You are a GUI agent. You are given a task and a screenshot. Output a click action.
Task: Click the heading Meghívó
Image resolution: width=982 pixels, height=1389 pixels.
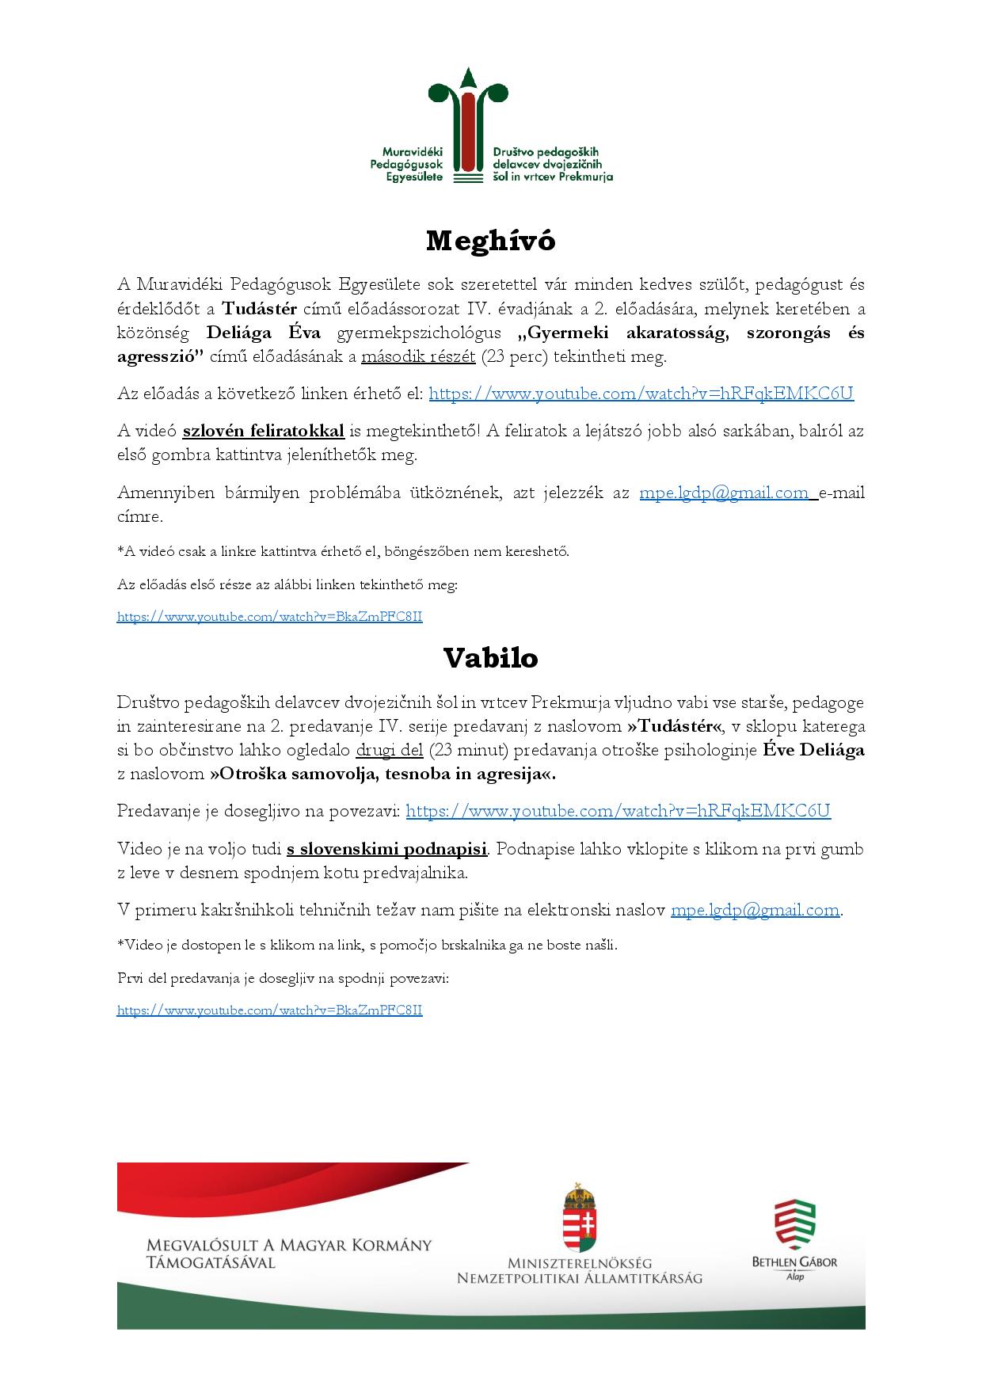(490, 241)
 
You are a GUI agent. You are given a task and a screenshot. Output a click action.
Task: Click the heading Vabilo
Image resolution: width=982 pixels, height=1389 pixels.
(490, 658)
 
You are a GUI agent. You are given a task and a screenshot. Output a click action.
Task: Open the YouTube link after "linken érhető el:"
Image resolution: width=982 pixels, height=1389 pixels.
(641, 394)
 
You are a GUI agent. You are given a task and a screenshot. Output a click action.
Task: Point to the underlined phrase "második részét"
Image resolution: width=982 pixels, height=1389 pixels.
(418, 356)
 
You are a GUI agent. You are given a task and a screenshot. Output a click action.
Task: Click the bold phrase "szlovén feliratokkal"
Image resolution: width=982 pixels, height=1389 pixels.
(263, 431)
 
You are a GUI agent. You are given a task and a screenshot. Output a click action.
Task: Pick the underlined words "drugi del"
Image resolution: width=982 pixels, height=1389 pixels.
(390, 750)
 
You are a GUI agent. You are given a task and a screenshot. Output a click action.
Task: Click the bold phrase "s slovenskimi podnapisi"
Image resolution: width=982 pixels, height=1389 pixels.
(386, 849)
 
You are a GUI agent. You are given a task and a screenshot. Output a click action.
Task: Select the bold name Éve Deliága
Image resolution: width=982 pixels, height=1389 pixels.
(813, 750)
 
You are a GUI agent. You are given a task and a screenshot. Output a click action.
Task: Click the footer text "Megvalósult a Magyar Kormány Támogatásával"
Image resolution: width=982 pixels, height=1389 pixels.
(289, 1254)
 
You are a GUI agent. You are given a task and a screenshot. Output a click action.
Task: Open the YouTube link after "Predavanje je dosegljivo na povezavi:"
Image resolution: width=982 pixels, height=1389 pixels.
(618, 811)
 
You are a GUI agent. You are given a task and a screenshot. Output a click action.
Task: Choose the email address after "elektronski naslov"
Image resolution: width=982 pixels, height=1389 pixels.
(755, 911)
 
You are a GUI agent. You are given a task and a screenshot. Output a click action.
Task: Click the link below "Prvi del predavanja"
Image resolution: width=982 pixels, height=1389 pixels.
(269, 1010)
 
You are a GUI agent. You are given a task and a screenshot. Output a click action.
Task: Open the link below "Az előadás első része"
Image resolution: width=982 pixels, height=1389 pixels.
(269, 616)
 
